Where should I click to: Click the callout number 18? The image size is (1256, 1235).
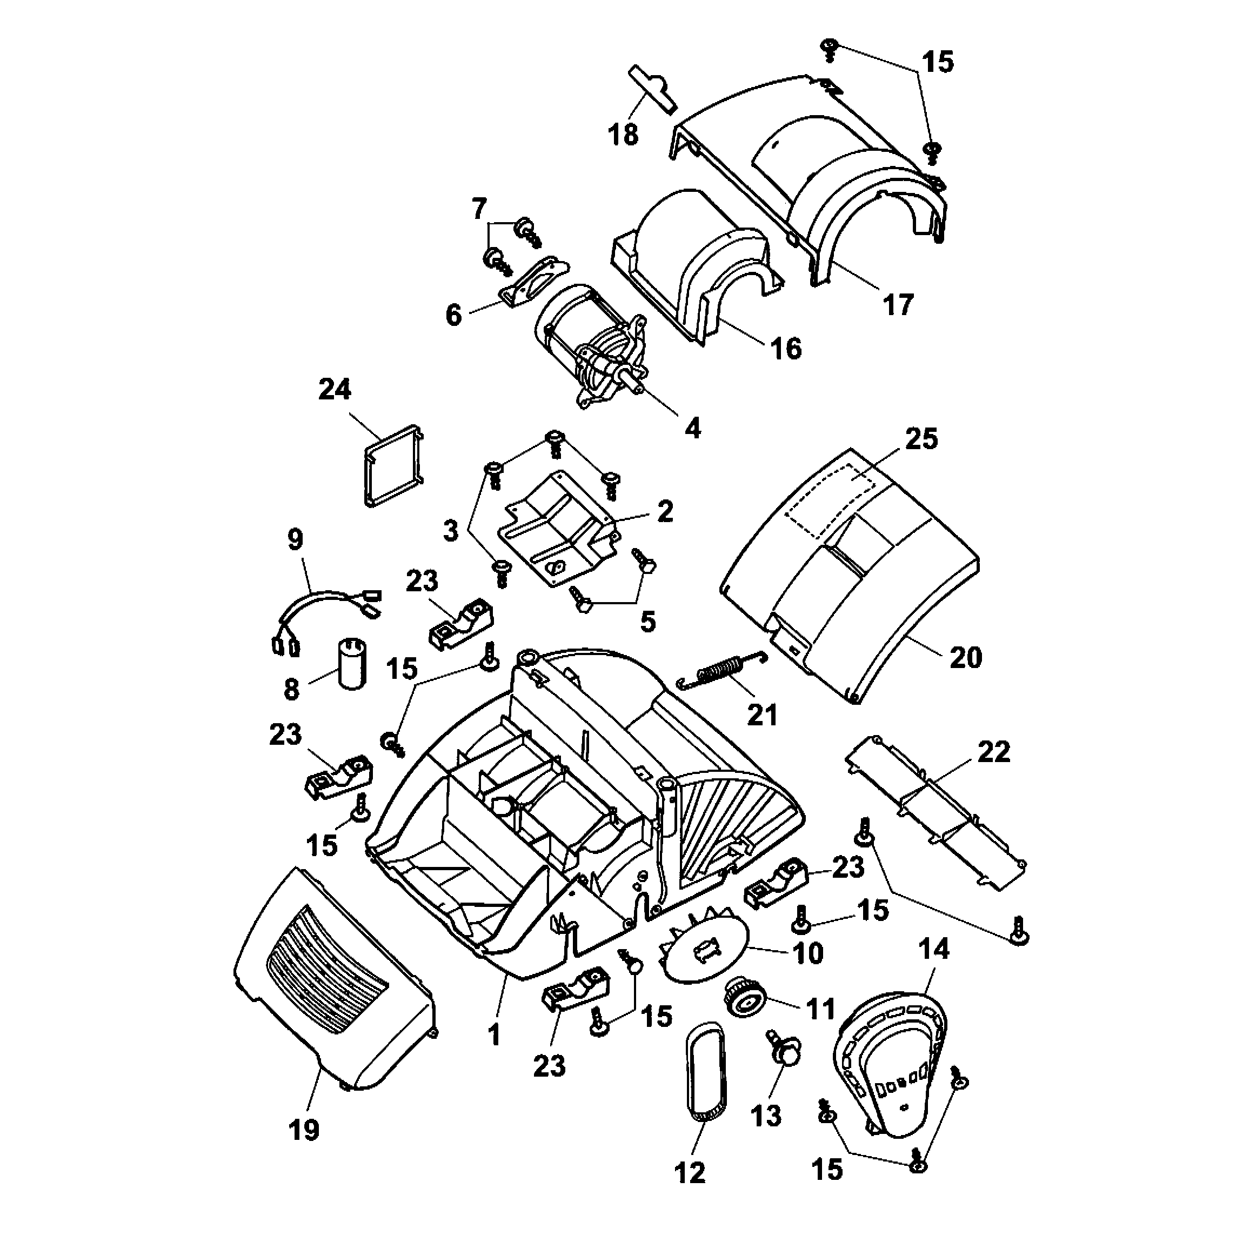click(623, 135)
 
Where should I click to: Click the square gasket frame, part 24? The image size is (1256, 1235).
click(393, 464)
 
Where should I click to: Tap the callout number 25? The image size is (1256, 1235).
click(921, 439)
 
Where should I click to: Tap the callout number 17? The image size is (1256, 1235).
click(898, 304)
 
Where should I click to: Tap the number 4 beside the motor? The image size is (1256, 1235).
click(692, 428)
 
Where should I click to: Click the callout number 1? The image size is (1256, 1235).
click(495, 1034)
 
